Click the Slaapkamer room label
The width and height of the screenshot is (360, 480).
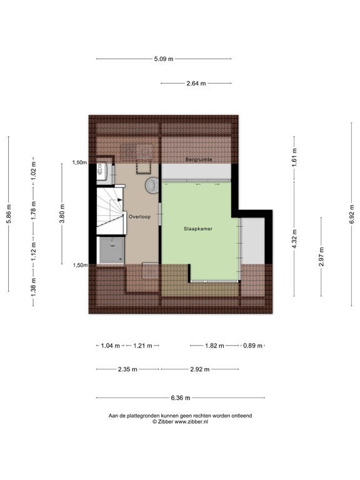click(x=198, y=229)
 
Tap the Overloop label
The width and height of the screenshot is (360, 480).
click(x=139, y=217)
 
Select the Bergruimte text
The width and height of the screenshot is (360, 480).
click(x=199, y=159)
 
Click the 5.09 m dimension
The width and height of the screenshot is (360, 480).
click(x=164, y=59)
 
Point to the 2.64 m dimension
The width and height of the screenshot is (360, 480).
click(x=196, y=83)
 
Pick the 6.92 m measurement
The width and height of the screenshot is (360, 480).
click(x=352, y=214)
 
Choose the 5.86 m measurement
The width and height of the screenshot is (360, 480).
click(x=9, y=214)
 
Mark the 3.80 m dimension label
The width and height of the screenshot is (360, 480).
click(x=62, y=214)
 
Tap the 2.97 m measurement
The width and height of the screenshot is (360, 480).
click(x=321, y=256)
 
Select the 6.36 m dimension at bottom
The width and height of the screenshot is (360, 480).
click(x=181, y=398)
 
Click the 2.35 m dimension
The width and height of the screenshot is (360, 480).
click(x=127, y=369)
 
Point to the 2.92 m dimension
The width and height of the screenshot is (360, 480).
click(x=200, y=369)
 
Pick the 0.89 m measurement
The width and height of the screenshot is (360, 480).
click(x=253, y=346)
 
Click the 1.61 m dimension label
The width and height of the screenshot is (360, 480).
click(x=294, y=157)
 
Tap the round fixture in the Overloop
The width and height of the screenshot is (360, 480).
click(x=152, y=186)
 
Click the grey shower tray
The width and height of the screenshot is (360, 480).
click(x=112, y=250)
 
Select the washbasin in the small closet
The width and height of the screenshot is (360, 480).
click(x=101, y=171)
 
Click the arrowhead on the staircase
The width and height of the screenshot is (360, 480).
click(x=120, y=199)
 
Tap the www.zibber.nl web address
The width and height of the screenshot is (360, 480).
click(x=191, y=422)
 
